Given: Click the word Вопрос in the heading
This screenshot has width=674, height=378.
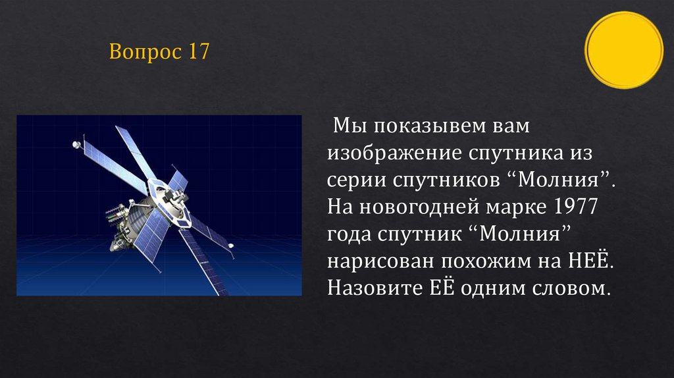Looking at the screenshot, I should pos(145,52).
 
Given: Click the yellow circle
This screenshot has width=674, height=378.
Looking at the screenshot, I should pos(623,50).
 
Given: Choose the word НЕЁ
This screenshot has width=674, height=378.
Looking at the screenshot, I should pos(588,261).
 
